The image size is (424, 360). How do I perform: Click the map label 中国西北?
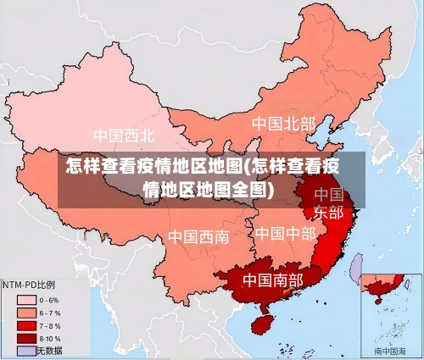(x=124, y=135)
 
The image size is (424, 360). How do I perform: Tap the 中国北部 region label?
(x=283, y=124)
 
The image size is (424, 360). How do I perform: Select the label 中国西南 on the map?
(x=198, y=236)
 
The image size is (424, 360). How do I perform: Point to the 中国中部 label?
(x=285, y=232)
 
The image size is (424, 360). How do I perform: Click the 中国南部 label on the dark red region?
(x=273, y=279)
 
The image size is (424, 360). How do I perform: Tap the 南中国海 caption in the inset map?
(x=390, y=351)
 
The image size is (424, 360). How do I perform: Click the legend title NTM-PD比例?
(x=30, y=285)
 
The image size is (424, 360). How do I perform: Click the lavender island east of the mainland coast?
(x=357, y=268)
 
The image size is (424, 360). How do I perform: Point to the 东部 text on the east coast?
(x=329, y=212)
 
